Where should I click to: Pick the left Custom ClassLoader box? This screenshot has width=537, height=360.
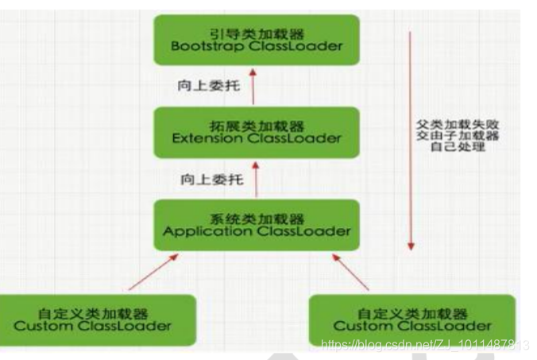(x=98, y=319)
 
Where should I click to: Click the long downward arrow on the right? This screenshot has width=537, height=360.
(x=411, y=139)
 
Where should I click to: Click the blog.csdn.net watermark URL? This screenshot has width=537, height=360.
(x=424, y=345)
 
